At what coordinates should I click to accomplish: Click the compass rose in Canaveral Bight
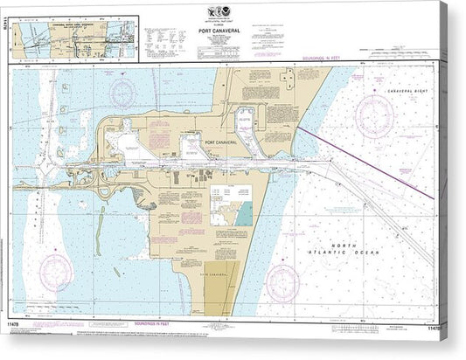pyautogui.click(x=374, y=114)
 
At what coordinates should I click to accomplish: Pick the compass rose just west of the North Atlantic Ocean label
pyautogui.click(x=282, y=282)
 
